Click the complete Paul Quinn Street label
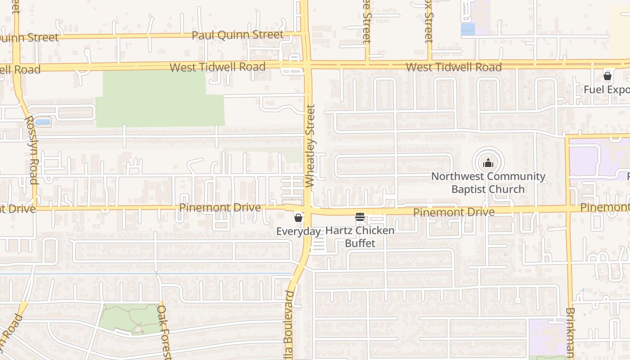click(238, 35)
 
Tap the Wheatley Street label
click(310, 146)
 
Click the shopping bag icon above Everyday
click(298, 218)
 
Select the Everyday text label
click(298, 231)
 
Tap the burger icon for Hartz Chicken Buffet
click(360, 217)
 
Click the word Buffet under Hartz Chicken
click(360, 243)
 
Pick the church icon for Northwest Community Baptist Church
click(488, 163)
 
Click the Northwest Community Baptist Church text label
click(488, 183)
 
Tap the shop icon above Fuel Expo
click(607, 76)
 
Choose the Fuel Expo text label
click(606, 90)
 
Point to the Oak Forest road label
click(164, 332)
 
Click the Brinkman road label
click(571, 333)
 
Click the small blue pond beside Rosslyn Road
click(43, 122)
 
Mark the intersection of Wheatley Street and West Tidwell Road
click(307, 65)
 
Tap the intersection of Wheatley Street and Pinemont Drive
click(308, 210)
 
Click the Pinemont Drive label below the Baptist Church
click(454, 211)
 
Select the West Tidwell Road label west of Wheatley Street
click(217, 67)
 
